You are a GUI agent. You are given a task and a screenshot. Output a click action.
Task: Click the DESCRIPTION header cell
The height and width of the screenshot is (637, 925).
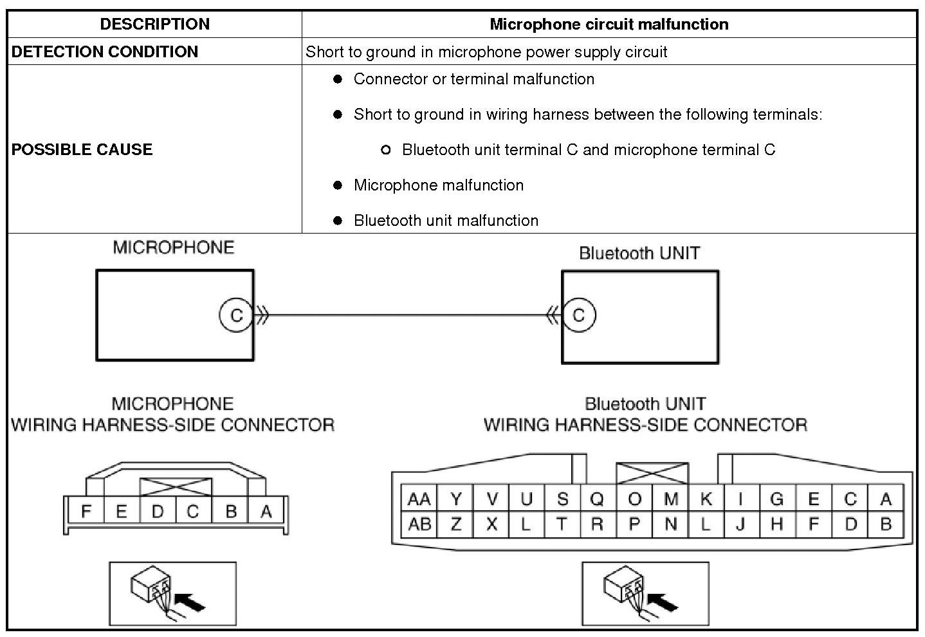pyautogui.click(x=154, y=24)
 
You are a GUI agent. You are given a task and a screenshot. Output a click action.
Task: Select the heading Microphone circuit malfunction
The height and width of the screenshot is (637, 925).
pyautogui.click(x=609, y=24)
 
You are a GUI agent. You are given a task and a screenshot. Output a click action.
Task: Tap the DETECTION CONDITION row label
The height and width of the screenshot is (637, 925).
pyautogui.click(x=105, y=51)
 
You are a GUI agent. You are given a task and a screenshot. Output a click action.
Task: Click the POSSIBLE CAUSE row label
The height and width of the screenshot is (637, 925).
pyautogui.click(x=82, y=149)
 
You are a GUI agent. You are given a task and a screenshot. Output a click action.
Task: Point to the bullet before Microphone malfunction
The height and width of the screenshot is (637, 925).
pyautogui.click(x=338, y=185)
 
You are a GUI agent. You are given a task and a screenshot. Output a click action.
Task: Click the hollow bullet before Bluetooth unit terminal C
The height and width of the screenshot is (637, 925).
pyautogui.click(x=386, y=150)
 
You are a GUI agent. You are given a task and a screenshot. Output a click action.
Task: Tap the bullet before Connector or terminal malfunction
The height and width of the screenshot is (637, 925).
pyautogui.click(x=338, y=79)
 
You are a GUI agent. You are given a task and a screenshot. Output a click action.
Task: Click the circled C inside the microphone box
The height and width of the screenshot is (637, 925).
pyautogui.click(x=236, y=315)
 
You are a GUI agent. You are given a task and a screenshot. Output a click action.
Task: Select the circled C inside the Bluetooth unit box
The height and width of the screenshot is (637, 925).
pyautogui.click(x=578, y=315)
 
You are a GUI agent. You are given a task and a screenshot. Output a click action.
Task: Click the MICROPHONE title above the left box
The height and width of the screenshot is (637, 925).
pyautogui.click(x=173, y=248)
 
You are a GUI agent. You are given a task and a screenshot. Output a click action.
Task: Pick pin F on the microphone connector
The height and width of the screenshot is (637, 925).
pyautogui.click(x=86, y=512)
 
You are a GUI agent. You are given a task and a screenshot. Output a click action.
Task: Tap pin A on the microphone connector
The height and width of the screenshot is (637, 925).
pyautogui.click(x=266, y=512)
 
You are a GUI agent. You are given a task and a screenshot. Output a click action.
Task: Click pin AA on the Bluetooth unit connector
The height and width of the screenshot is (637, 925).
pyautogui.click(x=419, y=499)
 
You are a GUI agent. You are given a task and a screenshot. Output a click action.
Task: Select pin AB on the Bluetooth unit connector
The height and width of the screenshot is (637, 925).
pyautogui.click(x=419, y=524)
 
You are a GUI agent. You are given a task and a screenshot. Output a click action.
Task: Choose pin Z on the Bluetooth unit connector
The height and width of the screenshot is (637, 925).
pyautogui.click(x=455, y=524)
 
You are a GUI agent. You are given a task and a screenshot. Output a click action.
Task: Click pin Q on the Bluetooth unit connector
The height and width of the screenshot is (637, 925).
pyautogui.click(x=597, y=499)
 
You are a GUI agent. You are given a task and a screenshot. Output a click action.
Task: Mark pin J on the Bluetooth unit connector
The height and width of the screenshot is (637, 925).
pyautogui.click(x=740, y=524)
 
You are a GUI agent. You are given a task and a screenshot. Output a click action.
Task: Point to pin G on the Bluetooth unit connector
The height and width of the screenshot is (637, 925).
pyautogui.click(x=776, y=499)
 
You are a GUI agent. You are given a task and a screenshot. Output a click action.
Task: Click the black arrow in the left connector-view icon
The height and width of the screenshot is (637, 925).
pyautogui.click(x=191, y=603)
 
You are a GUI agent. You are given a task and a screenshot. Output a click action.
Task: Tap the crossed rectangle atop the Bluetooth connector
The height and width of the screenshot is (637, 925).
pyautogui.click(x=652, y=474)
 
